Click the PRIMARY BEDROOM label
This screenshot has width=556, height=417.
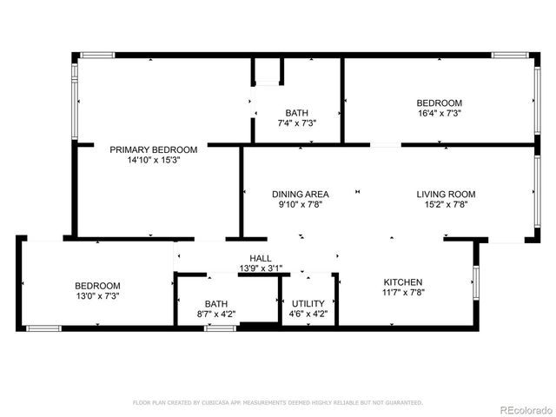[x=153, y=149]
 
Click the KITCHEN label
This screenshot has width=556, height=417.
[x=403, y=282]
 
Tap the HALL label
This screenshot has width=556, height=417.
[x=261, y=259]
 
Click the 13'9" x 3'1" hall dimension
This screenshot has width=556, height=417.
[x=261, y=269]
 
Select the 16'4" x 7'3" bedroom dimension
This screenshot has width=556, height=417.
[x=439, y=113]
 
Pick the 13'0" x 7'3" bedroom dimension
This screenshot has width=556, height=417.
[x=97, y=296]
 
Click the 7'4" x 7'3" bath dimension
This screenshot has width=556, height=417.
[x=296, y=123]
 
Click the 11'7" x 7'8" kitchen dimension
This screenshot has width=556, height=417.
[x=403, y=294]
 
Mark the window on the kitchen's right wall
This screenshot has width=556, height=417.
[x=475, y=282]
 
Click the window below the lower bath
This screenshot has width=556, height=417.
[x=219, y=328]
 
